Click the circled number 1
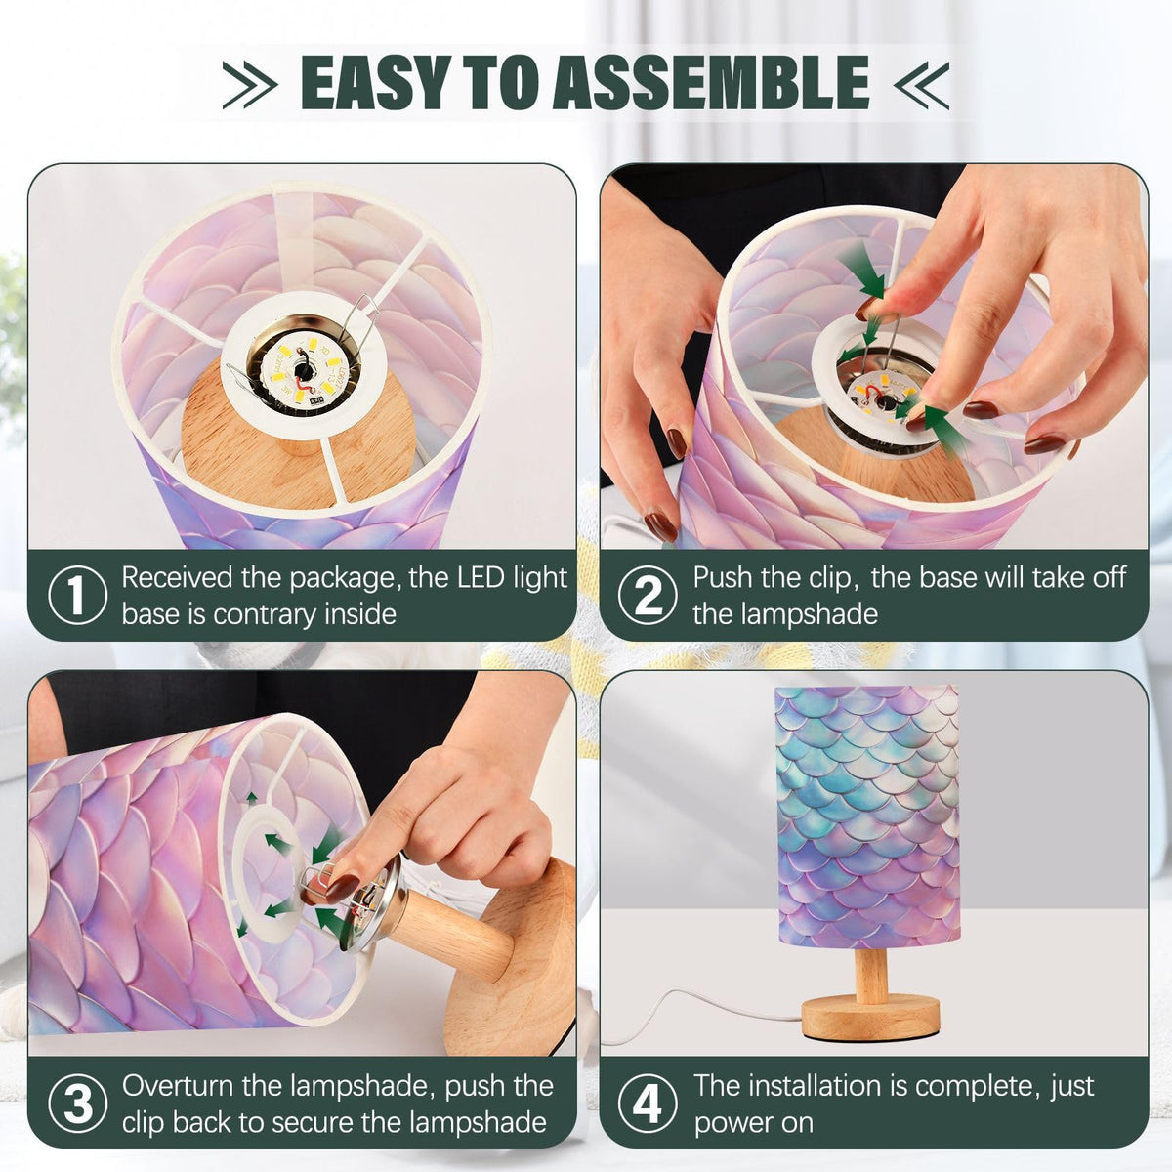pyautogui.click(x=77, y=595)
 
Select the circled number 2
pyautogui.click(x=648, y=595)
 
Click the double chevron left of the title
pyautogui.click(x=250, y=85)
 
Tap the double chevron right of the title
pyautogui.click(x=921, y=85)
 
